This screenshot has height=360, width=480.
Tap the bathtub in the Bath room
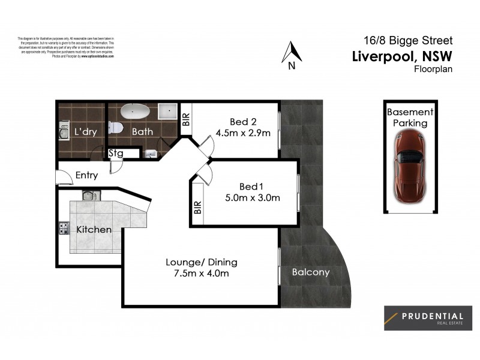pyautogui.click(x=135, y=112)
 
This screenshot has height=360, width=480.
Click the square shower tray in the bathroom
pyautogui.click(x=167, y=112)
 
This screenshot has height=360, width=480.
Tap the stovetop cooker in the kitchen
pyautogui.click(x=63, y=229)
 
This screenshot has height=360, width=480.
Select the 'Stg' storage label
pyautogui.click(x=116, y=153)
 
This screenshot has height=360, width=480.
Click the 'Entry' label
pyautogui.click(x=87, y=176)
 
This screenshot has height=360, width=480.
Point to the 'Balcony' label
pyautogui.click(x=311, y=272)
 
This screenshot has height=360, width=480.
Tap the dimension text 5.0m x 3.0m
pyautogui.click(x=252, y=197)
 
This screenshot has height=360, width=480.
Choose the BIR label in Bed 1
pyautogui.click(x=197, y=208)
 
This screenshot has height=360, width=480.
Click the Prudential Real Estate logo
pyautogui.click(x=428, y=318)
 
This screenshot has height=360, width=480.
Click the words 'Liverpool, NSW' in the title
pyautogui.click(x=401, y=56)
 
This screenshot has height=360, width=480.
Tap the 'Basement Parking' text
pyautogui.click(x=410, y=118)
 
